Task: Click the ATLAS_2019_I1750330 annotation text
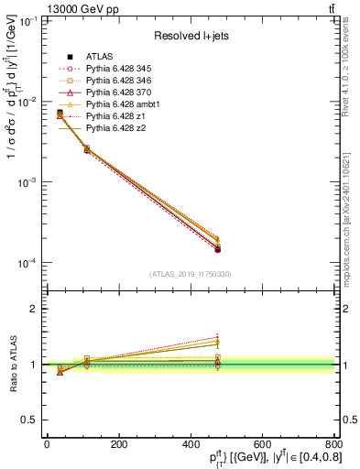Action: click(x=190, y=274)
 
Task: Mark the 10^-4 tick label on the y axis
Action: click(x=23, y=263)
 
